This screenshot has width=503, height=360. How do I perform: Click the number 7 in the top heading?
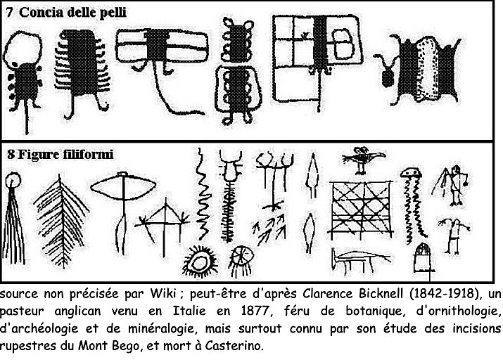[9, 13]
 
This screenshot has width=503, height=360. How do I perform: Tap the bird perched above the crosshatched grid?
[363, 160]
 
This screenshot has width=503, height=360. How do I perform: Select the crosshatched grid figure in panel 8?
[361, 210]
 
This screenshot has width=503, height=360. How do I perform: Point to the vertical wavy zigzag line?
[203, 194]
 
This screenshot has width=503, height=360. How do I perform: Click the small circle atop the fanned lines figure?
[13, 180]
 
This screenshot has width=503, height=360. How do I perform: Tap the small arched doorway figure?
[423, 258]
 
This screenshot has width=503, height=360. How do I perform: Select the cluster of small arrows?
[269, 228]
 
